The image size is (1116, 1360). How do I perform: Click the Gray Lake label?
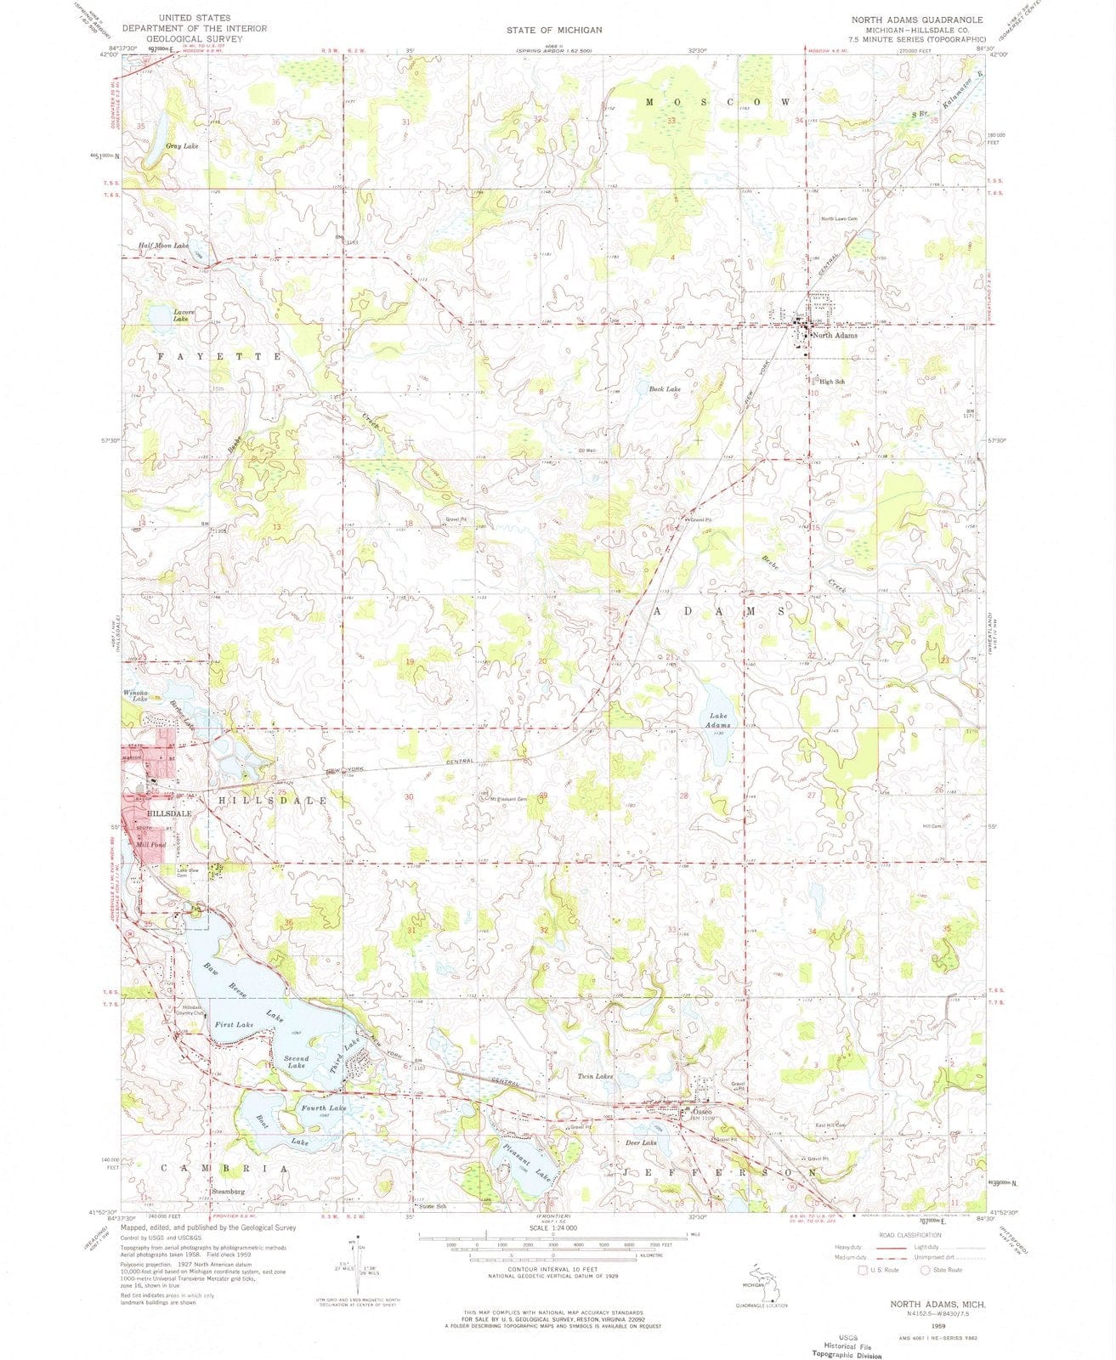pos(182,146)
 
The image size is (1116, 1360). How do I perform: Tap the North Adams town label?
pos(834,336)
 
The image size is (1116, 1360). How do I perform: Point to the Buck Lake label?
pos(665,389)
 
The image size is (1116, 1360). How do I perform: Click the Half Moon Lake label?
pos(163,246)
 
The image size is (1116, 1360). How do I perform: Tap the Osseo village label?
pos(701,1112)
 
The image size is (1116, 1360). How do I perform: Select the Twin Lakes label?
pos(596,1076)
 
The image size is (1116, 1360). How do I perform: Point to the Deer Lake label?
pos(642,1143)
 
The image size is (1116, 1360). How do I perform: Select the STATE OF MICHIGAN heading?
pos(554,30)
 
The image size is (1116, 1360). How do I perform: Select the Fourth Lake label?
pos(323,1108)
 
